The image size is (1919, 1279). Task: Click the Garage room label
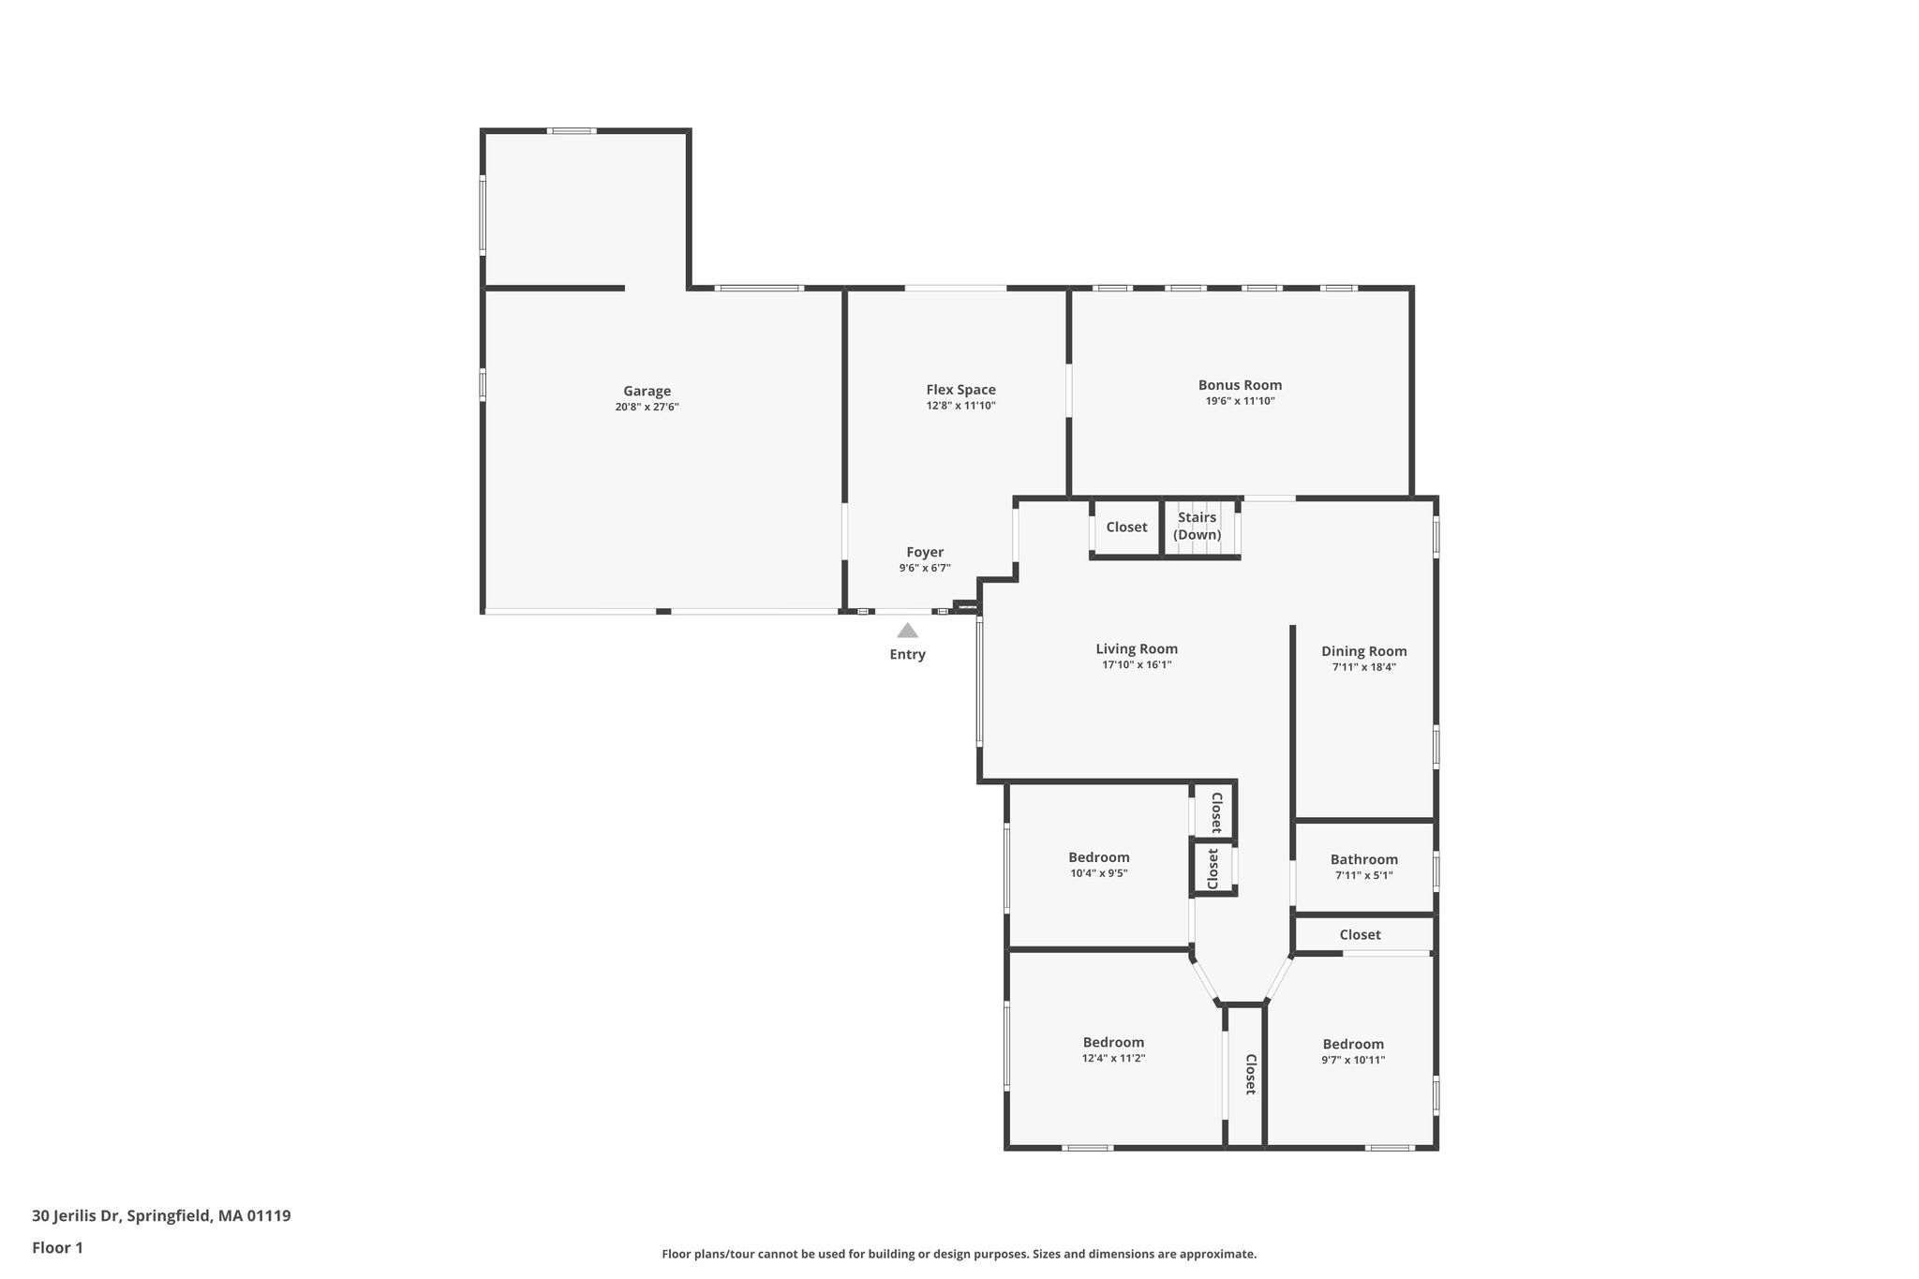pyautogui.click(x=647, y=391)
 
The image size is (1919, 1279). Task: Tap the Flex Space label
pyautogui.click(x=960, y=390)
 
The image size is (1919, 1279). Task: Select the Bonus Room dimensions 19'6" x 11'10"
pyautogui.click(x=1240, y=401)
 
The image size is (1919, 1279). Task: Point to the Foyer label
pyautogui.click(x=925, y=552)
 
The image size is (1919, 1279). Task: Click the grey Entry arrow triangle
pyautogui.click(x=907, y=631)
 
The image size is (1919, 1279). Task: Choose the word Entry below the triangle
pyautogui.click(x=907, y=654)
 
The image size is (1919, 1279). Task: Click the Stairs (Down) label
pyautogui.click(x=1198, y=526)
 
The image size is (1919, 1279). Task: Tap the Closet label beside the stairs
pyautogui.click(x=1126, y=527)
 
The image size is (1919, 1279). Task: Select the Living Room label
pyautogui.click(x=1137, y=648)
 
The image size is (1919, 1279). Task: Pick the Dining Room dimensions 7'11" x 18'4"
pyautogui.click(x=1364, y=667)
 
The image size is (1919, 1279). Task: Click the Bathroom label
pyautogui.click(x=1364, y=859)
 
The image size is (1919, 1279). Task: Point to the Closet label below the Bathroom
pyautogui.click(x=1360, y=934)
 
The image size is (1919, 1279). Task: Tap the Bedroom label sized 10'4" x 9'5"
pyautogui.click(x=1099, y=857)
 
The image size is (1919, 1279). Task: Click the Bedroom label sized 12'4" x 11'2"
pyautogui.click(x=1113, y=1042)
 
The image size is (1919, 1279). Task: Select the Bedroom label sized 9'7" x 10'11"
pyautogui.click(x=1353, y=1044)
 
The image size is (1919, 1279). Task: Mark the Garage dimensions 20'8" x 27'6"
pyautogui.click(x=647, y=408)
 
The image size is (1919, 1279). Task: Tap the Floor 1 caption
pyautogui.click(x=57, y=1248)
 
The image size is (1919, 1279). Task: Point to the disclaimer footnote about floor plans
pyautogui.click(x=959, y=1254)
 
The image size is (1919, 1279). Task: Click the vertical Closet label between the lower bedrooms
pyautogui.click(x=1250, y=1075)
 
